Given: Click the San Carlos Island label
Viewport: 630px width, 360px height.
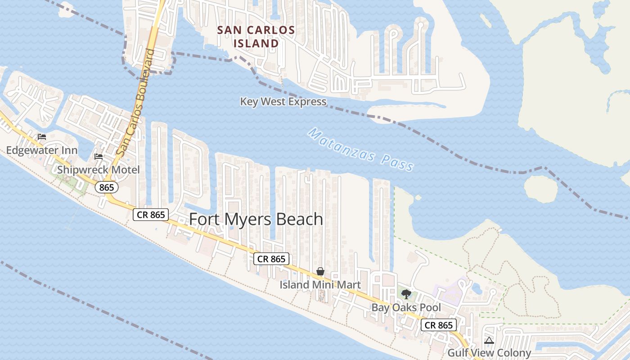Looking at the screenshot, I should [256, 36].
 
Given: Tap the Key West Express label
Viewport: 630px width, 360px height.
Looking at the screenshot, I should [283, 102].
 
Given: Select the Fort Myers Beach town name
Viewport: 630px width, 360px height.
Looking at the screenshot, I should [256, 219].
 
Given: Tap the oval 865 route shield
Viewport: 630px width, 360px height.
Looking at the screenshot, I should [107, 187].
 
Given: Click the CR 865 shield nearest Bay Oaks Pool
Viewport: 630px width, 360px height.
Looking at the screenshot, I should [439, 325].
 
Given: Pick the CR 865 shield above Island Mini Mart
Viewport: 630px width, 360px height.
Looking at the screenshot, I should [271, 259].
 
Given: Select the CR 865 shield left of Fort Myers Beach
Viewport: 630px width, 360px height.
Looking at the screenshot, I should [151, 215].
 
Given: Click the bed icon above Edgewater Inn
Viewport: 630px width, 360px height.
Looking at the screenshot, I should [42, 137].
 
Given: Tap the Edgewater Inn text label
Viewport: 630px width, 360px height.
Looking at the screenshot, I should [42, 150].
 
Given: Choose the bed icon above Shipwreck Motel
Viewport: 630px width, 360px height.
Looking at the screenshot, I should [99, 157].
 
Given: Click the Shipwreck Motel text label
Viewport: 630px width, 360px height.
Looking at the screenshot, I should [99, 170].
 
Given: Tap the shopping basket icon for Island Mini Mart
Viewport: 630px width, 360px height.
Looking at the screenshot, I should [320, 271].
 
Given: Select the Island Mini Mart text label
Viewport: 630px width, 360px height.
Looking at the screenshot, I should [320, 285].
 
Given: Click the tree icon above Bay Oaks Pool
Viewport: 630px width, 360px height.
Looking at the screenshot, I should [406, 294].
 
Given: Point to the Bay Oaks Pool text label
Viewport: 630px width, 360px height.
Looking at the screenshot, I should [406, 308].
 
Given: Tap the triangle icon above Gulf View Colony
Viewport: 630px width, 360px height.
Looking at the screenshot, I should [489, 340].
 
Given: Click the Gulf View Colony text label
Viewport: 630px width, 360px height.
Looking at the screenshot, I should [489, 353].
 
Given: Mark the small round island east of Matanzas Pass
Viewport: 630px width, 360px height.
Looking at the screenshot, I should [541, 189].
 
